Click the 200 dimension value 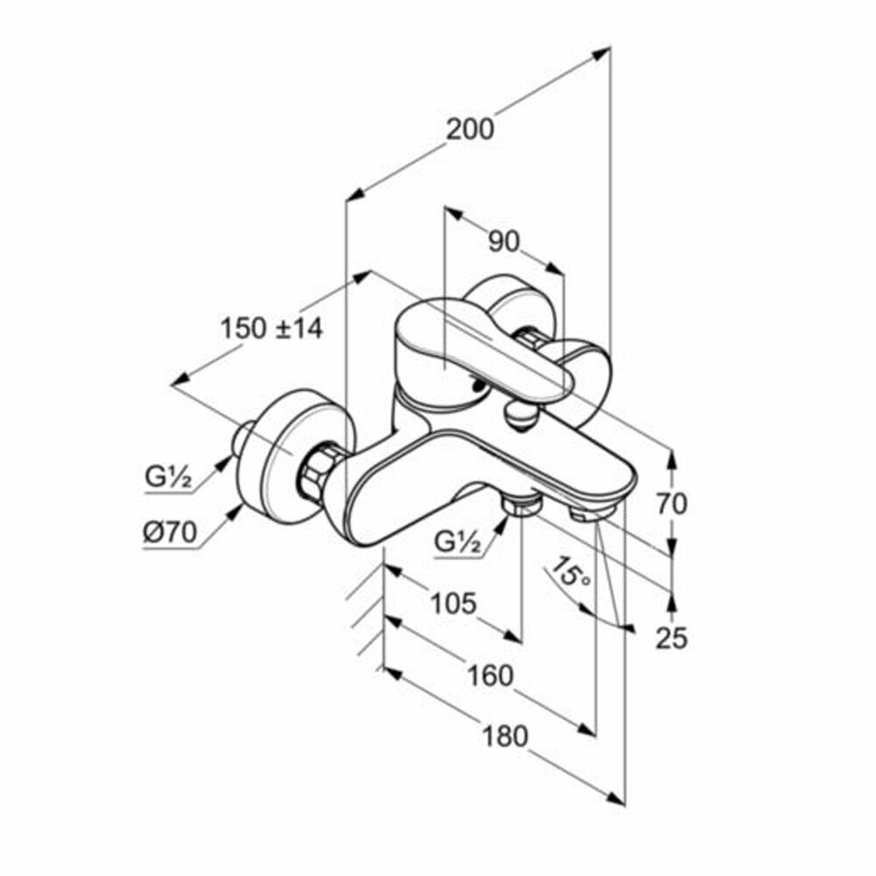pos(470,129)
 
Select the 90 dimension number pos(504,241)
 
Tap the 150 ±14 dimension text pos(271,328)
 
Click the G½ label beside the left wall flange pos(168,479)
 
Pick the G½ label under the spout pos(458,543)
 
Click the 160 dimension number pos(489,675)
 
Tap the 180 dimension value pos(506,737)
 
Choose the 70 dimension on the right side pos(672,504)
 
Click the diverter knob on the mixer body pos(519,416)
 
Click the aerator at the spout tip pos(586,513)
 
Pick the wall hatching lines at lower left pos(366,613)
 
